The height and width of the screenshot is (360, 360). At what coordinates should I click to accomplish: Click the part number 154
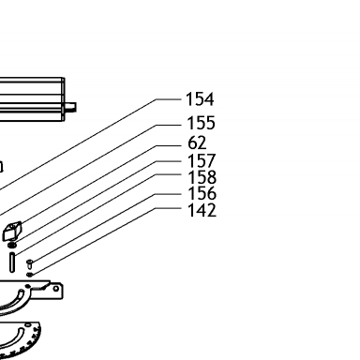point(200,99)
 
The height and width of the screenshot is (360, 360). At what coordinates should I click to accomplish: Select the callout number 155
point(201,123)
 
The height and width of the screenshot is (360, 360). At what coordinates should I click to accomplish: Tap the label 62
point(197,142)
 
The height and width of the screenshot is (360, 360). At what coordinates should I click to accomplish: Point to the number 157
point(202,160)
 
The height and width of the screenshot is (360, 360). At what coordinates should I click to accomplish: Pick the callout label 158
point(202,177)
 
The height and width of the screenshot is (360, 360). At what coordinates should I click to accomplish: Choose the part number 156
point(202,193)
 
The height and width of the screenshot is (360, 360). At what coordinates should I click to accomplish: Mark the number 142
point(202,210)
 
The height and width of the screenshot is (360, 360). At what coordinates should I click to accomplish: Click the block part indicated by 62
point(12,231)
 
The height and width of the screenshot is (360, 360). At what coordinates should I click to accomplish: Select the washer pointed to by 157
point(12,246)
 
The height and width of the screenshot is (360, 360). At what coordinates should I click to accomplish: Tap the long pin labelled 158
point(12,262)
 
